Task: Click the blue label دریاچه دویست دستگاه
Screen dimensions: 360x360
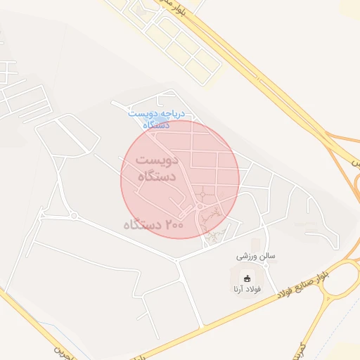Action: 156,118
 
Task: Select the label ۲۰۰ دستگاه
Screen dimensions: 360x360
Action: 153,226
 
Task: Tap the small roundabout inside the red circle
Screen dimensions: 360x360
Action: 202,193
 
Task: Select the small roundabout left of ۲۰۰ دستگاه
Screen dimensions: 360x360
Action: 72,216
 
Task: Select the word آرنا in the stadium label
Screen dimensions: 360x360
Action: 236,290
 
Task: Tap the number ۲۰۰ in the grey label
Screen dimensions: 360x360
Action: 176,225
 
